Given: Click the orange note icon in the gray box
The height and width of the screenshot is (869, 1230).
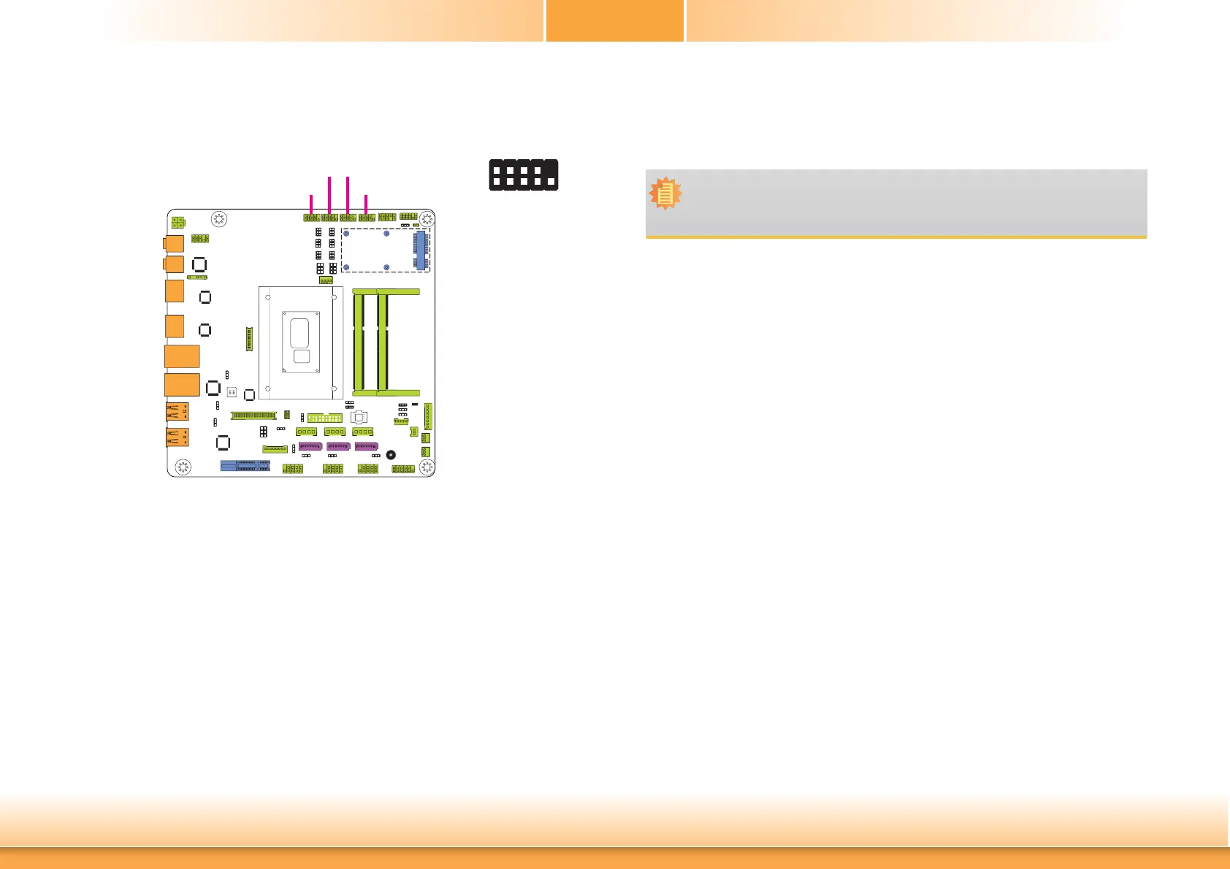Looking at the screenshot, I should [665, 194].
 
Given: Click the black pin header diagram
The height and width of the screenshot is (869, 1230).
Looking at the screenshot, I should [524, 175].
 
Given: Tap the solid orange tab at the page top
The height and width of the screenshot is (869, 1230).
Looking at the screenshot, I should [615, 20].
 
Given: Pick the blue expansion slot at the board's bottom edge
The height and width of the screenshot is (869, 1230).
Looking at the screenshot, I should [245, 465].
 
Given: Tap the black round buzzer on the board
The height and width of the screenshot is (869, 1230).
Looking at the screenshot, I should [391, 455].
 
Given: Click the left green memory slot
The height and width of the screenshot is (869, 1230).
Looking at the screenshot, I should [359, 342].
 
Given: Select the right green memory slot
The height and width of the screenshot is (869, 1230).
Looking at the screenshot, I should [383, 342].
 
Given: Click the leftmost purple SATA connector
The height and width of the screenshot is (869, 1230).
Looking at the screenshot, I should [310, 446].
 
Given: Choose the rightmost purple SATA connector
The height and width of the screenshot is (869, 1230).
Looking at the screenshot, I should [366, 446].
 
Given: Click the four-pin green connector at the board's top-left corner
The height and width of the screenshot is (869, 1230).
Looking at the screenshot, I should [177, 222].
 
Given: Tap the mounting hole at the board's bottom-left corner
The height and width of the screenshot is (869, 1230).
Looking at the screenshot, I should [183, 466].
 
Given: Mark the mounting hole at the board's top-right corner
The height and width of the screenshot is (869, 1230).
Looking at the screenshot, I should [427, 219].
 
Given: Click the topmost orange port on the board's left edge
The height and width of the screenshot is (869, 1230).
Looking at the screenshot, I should [174, 243].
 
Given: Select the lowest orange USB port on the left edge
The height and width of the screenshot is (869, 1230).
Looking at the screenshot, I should [177, 437].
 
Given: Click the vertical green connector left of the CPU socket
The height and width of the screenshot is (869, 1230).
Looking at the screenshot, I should [249, 339].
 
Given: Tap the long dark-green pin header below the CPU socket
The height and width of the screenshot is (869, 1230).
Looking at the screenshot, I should [253, 416].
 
